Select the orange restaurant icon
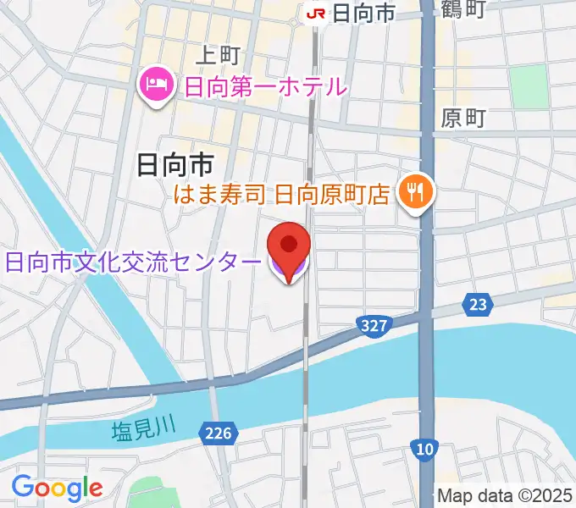pos(416,193)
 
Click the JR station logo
pos(315,13)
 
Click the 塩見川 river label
pos(142,431)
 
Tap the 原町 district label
pos(462,119)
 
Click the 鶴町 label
pos(462,10)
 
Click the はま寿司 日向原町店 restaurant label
pos(281,195)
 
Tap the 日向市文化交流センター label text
pos(133,262)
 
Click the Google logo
pos(57,487)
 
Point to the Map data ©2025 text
pos(504,495)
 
